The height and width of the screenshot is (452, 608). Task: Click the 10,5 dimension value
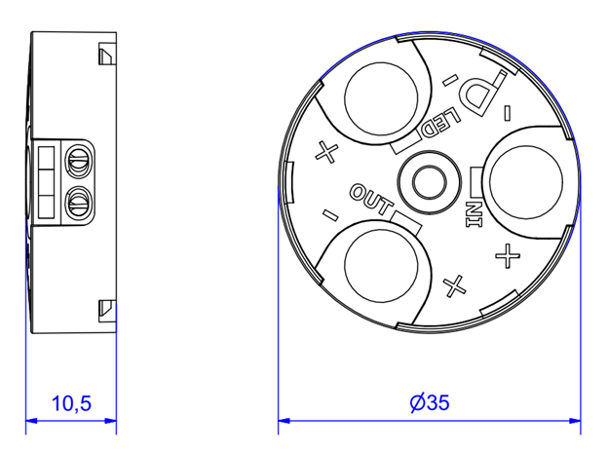pyautogui.click(x=71, y=403)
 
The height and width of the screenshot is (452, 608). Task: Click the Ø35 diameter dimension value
pyautogui.click(x=430, y=402)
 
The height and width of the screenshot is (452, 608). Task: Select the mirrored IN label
pyautogui.click(x=474, y=214)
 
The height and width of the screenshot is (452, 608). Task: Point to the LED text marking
pyautogui.click(x=441, y=121)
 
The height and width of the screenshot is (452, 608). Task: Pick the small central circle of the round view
pyautogui.click(x=429, y=182)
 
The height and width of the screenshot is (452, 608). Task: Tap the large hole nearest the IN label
pyautogui.click(x=526, y=182)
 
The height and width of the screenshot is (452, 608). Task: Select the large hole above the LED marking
pyautogui.click(x=381, y=98)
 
